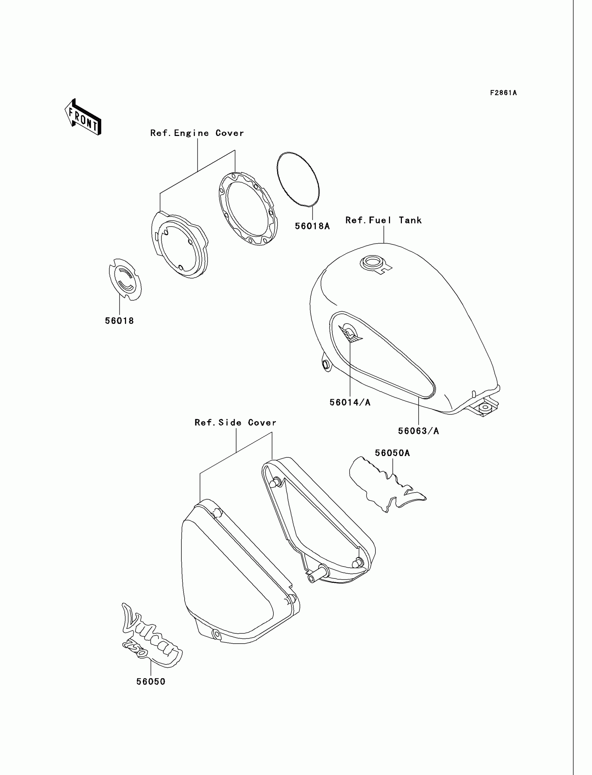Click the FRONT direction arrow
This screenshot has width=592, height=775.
click(83, 118)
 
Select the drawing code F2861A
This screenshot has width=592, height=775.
click(503, 93)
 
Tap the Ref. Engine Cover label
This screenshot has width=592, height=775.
click(197, 133)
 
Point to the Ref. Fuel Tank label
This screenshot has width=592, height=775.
click(383, 220)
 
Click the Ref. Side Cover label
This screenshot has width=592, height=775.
click(235, 423)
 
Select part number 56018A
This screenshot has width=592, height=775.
click(312, 226)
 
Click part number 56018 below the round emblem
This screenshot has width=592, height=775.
click(119, 321)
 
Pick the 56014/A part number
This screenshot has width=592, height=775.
click(350, 403)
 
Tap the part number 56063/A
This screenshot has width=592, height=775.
click(418, 431)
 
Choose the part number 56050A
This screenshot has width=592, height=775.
click(392, 453)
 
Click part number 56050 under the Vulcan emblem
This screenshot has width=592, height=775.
click(151, 682)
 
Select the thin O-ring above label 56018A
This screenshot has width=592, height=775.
click(298, 179)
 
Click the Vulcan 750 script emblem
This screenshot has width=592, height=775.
click(150, 638)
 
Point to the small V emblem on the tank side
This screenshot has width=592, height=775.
click(350, 333)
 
